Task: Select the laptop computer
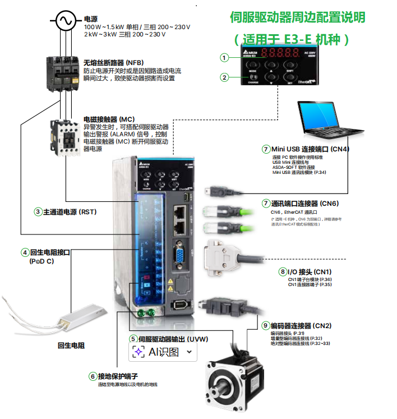click(x=330, y=119)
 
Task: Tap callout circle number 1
click(x=224, y=57)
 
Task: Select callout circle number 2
click(x=224, y=77)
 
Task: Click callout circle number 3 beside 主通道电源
click(x=38, y=211)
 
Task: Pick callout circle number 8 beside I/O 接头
click(x=282, y=271)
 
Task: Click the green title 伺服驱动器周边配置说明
click(x=297, y=17)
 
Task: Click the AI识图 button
click(x=163, y=352)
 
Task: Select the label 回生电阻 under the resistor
click(x=71, y=346)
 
